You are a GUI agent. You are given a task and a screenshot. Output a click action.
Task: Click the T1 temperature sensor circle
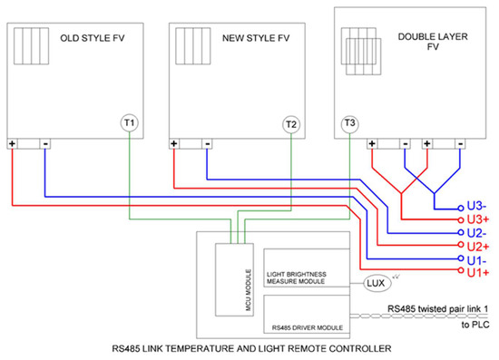click(130, 122)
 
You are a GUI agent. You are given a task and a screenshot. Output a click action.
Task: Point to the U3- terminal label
click(477, 206)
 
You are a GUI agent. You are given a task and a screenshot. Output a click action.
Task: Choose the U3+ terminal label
click(477, 219)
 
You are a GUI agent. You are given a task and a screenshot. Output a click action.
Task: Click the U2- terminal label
click(477, 233)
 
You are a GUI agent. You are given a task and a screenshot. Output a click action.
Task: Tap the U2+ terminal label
click(477, 246)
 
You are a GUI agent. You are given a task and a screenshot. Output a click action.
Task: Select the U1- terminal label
click(477, 258)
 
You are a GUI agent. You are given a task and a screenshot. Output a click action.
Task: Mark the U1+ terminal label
click(477, 271)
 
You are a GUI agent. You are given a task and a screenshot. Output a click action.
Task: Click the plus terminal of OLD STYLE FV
click(14, 143)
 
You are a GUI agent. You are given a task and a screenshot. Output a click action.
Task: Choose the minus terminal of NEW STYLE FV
click(207, 143)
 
